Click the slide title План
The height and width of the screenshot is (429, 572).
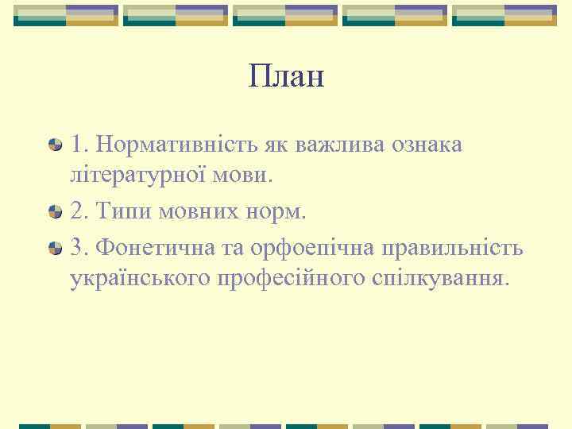click(286, 77)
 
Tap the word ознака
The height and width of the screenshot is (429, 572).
click(427, 145)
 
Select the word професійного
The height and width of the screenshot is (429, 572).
click(291, 278)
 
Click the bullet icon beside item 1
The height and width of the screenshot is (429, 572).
click(55, 146)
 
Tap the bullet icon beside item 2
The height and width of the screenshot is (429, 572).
click(55, 212)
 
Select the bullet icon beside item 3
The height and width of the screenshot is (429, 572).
click(55, 248)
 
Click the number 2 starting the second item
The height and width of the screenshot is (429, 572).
click(76, 212)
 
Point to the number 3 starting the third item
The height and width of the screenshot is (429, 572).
click(76, 248)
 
